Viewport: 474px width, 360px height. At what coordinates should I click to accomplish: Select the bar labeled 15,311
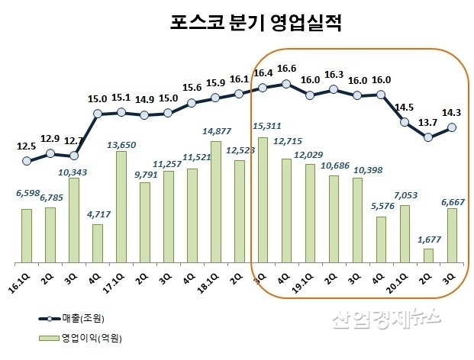(263, 200)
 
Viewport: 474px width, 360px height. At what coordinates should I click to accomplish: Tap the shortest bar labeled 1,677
(428, 255)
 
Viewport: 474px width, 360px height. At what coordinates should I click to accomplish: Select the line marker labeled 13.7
(428, 137)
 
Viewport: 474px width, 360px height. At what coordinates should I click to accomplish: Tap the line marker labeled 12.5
(27, 161)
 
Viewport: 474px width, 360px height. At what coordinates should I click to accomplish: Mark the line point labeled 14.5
(405, 121)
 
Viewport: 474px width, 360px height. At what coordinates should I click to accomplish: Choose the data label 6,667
(452, 201)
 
